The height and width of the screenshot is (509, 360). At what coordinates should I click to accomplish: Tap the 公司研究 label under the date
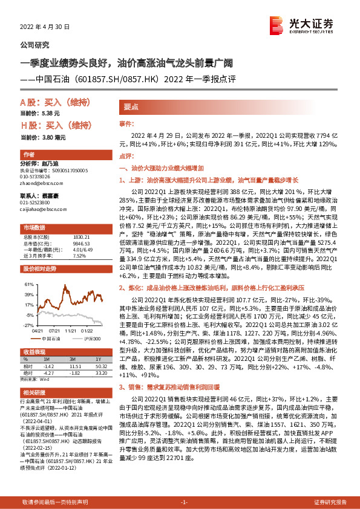coord(35,45)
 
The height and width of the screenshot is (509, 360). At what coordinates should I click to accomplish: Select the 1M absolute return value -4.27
coord(50,372)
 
